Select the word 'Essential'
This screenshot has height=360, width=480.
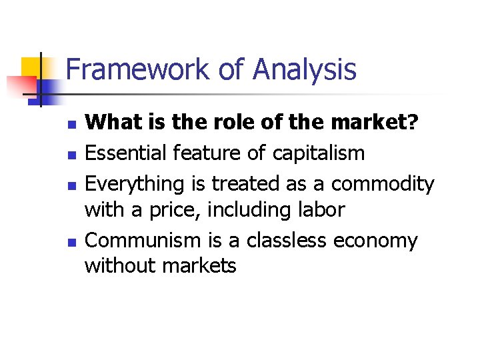click(x=126, y=153)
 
